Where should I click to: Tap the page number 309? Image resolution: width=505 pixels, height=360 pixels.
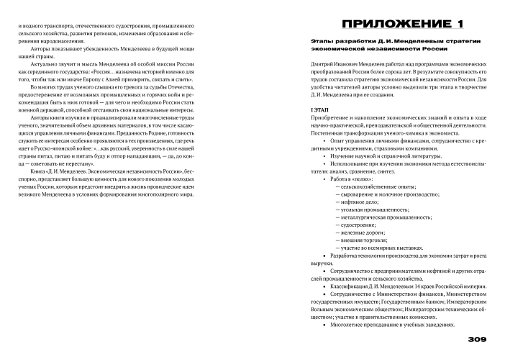(479, 340)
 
